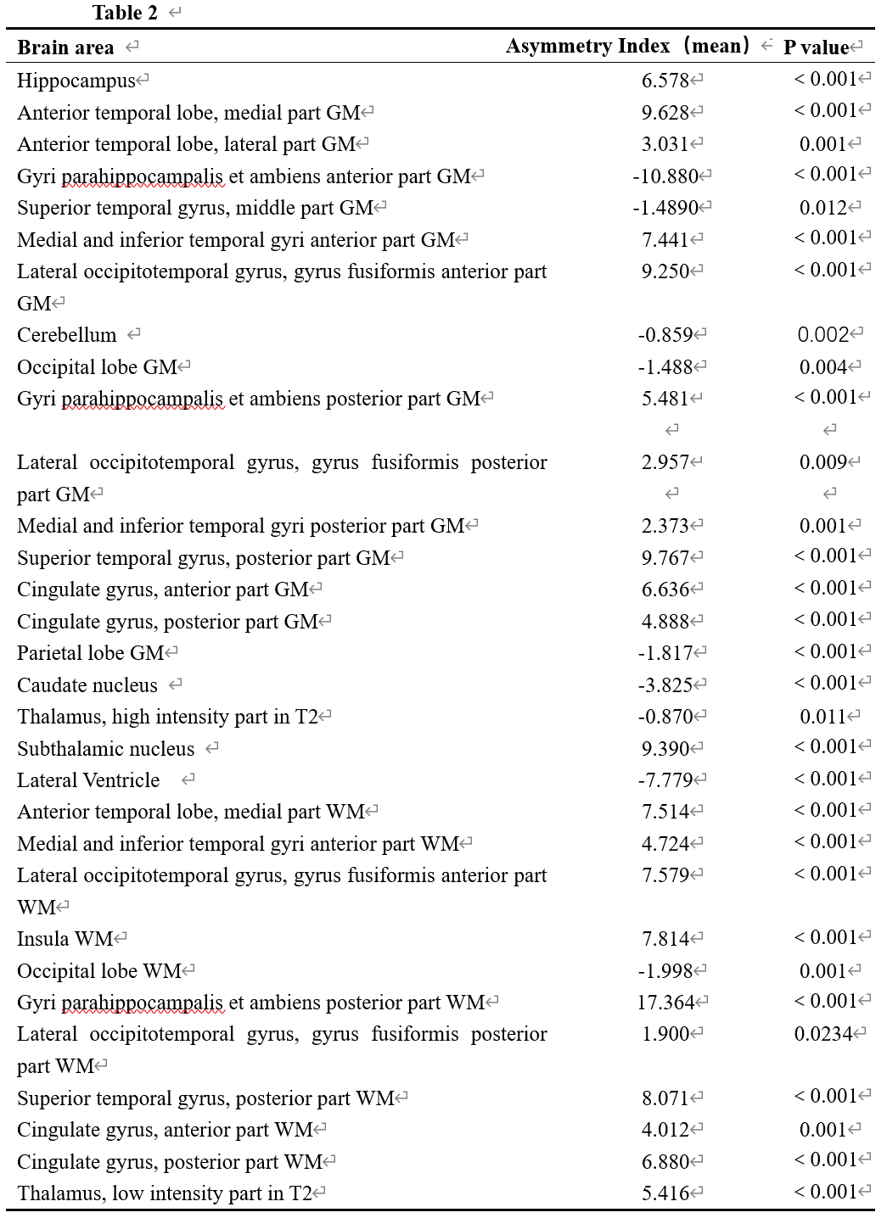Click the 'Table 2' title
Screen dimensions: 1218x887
point(125,12)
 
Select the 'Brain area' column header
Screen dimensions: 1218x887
point(65,47)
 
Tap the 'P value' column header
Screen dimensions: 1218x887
point(816,47)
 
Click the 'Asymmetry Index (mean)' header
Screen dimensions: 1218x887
point(628,46)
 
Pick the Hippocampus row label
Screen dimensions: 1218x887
point(76,81)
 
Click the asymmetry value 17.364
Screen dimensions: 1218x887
point(666,1003)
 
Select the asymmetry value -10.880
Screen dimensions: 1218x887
point(665,176)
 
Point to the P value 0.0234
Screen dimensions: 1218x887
point(822,1034)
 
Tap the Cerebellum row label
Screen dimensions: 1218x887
point(66,335)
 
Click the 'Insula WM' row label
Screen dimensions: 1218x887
point(65,939)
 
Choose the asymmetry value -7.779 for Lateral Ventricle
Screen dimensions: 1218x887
point(665,780)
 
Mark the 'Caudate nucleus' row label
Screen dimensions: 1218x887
point(87,685)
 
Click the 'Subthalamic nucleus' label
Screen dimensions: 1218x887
point(105,749)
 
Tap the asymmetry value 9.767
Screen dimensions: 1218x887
point(665,558)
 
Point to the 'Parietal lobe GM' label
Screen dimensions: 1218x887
point(90,653)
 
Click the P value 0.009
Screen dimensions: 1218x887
point(823,462)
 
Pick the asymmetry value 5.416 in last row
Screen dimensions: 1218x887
point(665,1193)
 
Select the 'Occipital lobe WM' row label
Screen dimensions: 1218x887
point(99,971)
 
